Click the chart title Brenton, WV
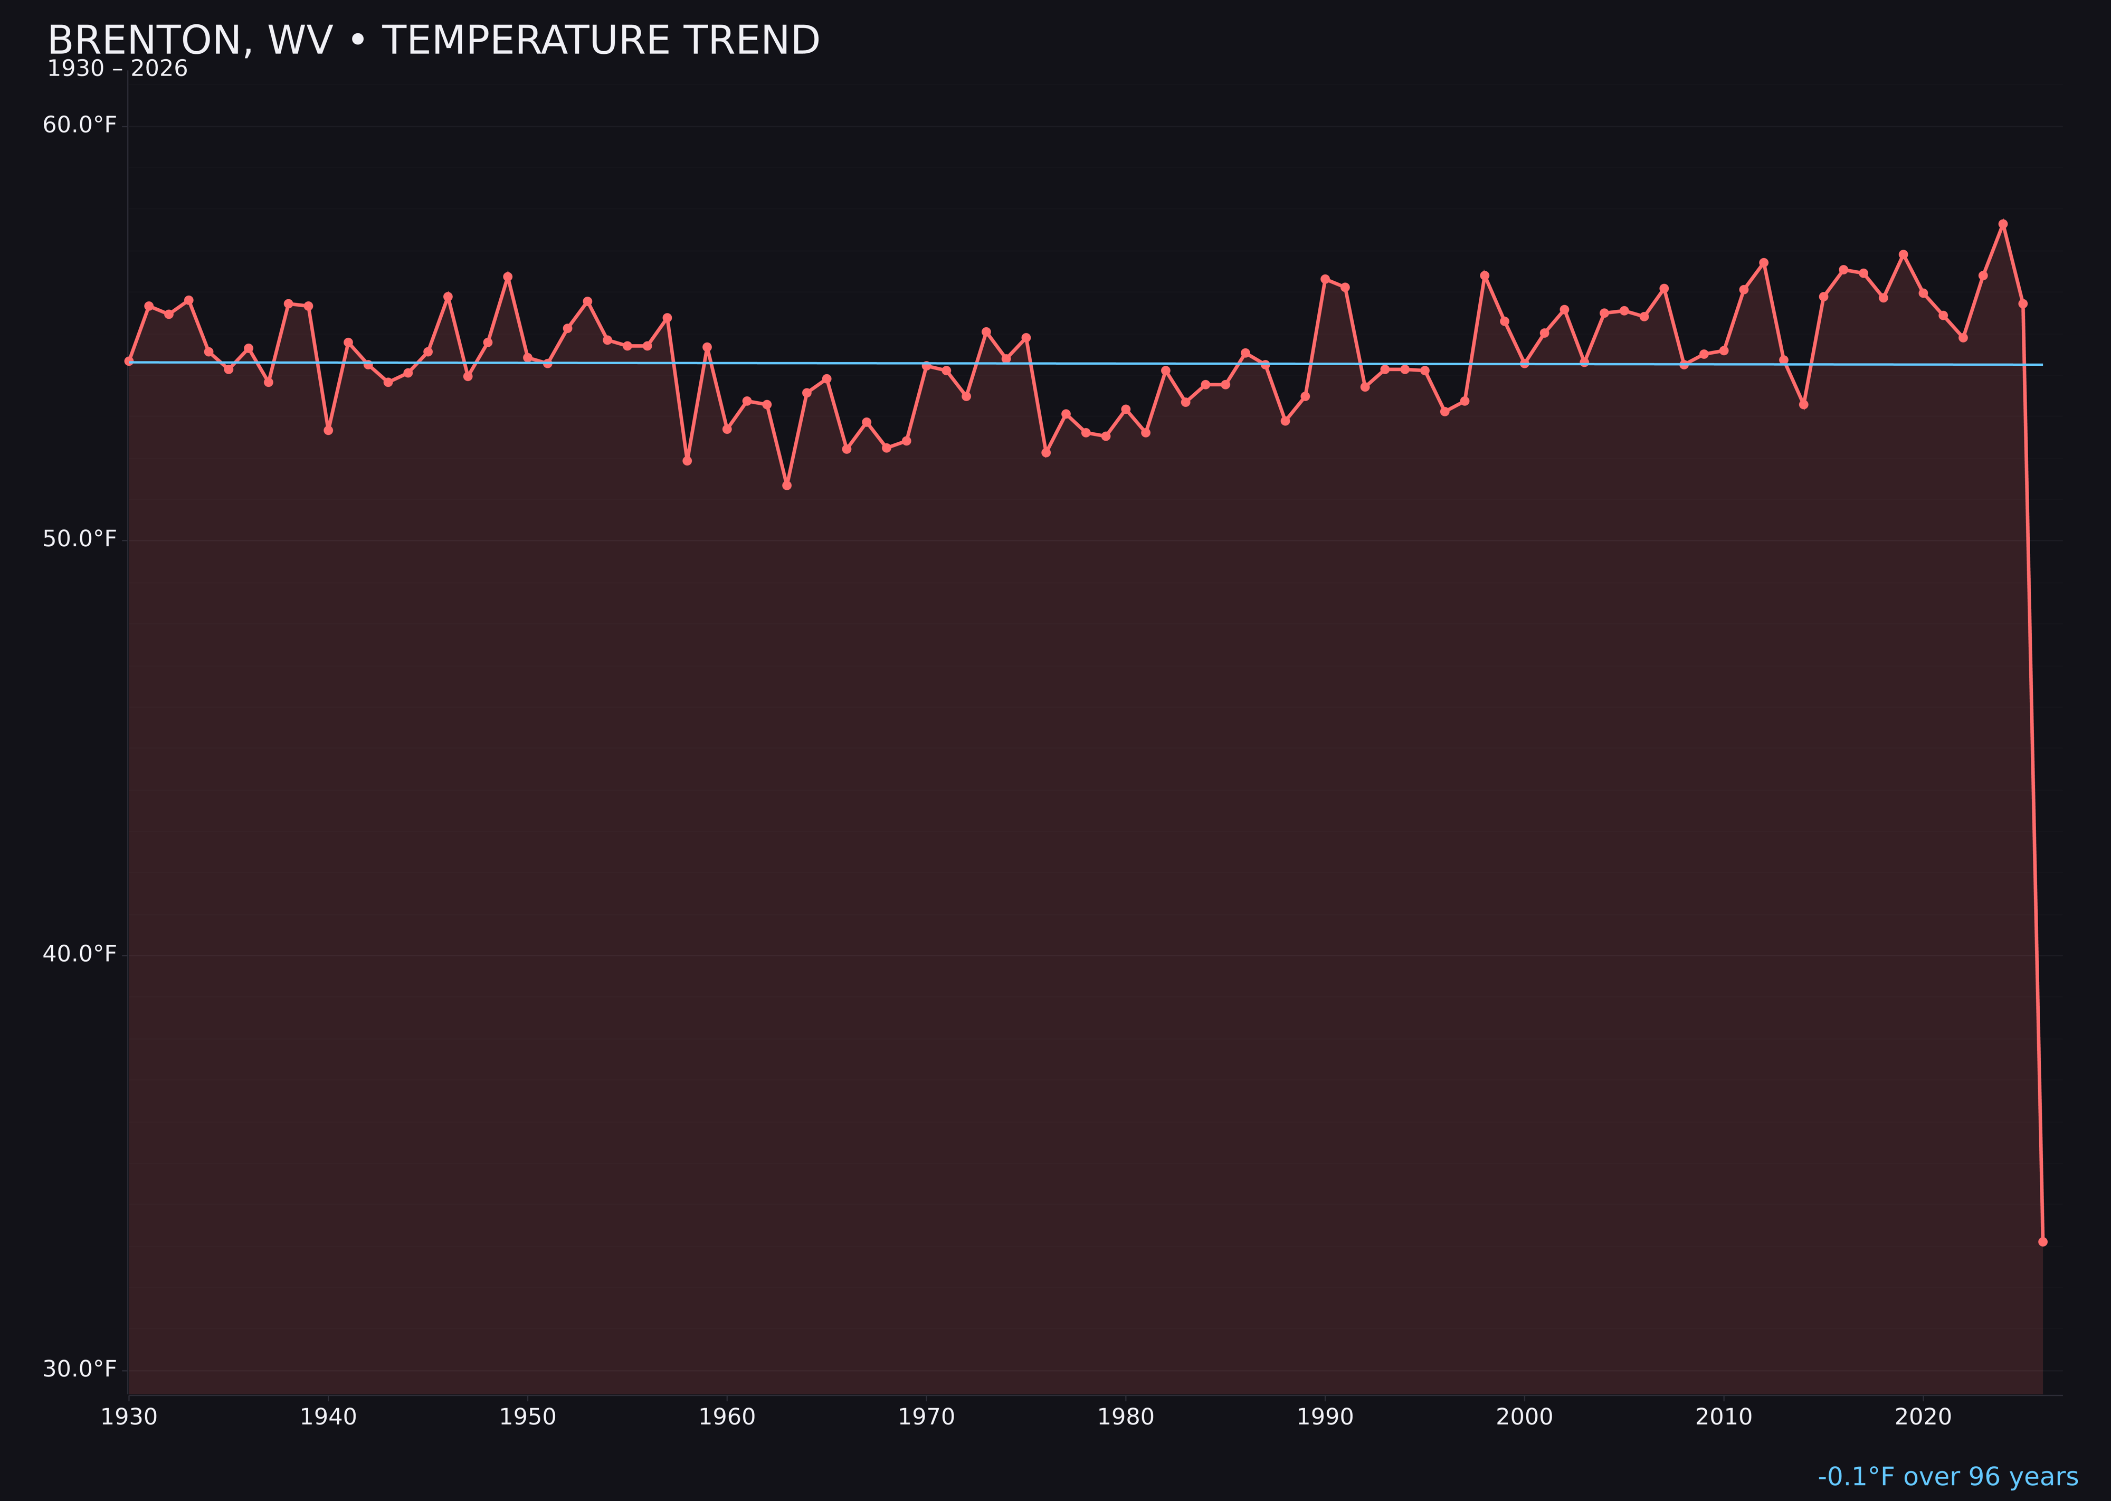(x=433, y=41)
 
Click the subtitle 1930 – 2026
(x=117, y=69)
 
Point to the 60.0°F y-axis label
(x=80, y=125)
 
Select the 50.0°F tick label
(x=80, y=539)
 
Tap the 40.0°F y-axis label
(x=80, y=954)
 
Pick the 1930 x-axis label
(x=128, y=1417)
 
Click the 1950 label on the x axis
(x=528, y=1417)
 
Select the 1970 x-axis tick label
(x=926, y=1417)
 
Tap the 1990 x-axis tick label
(x=1325, y=1417)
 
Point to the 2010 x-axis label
(x=1724, y=1417)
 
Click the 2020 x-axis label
(x=1923, y=1417)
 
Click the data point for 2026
(x=2042, y=1241)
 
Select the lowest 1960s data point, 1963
(x=786, y=485)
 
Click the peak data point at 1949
(x=507, y=277)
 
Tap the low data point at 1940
(x=328, y=430)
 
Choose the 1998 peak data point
(x=1485, y=275)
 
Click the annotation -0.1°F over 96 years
(x=1947, y=1477)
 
